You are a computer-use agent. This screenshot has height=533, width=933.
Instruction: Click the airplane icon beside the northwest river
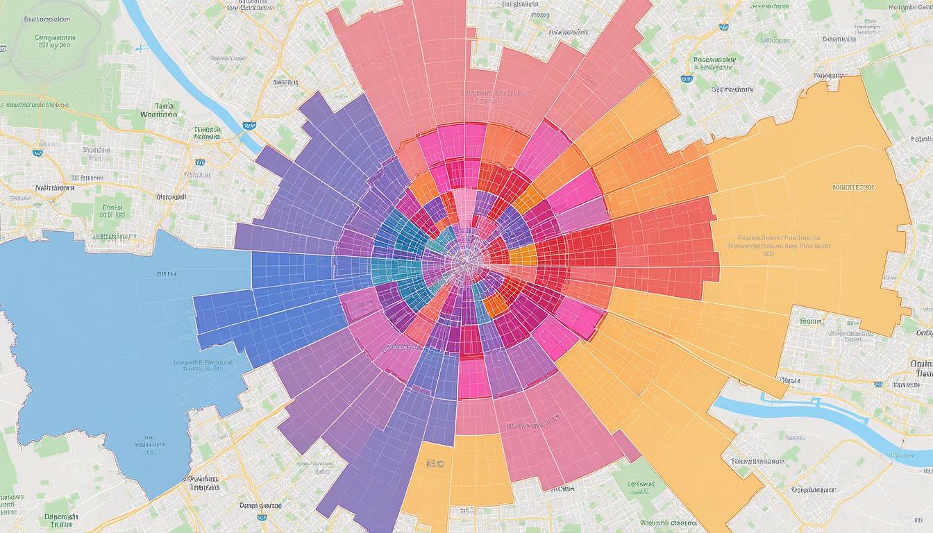(x=142, y=49)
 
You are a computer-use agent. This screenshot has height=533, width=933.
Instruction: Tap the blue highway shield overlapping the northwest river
(x=248, y=126)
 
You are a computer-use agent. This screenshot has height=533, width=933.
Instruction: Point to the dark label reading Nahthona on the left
(x=55, y=187)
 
